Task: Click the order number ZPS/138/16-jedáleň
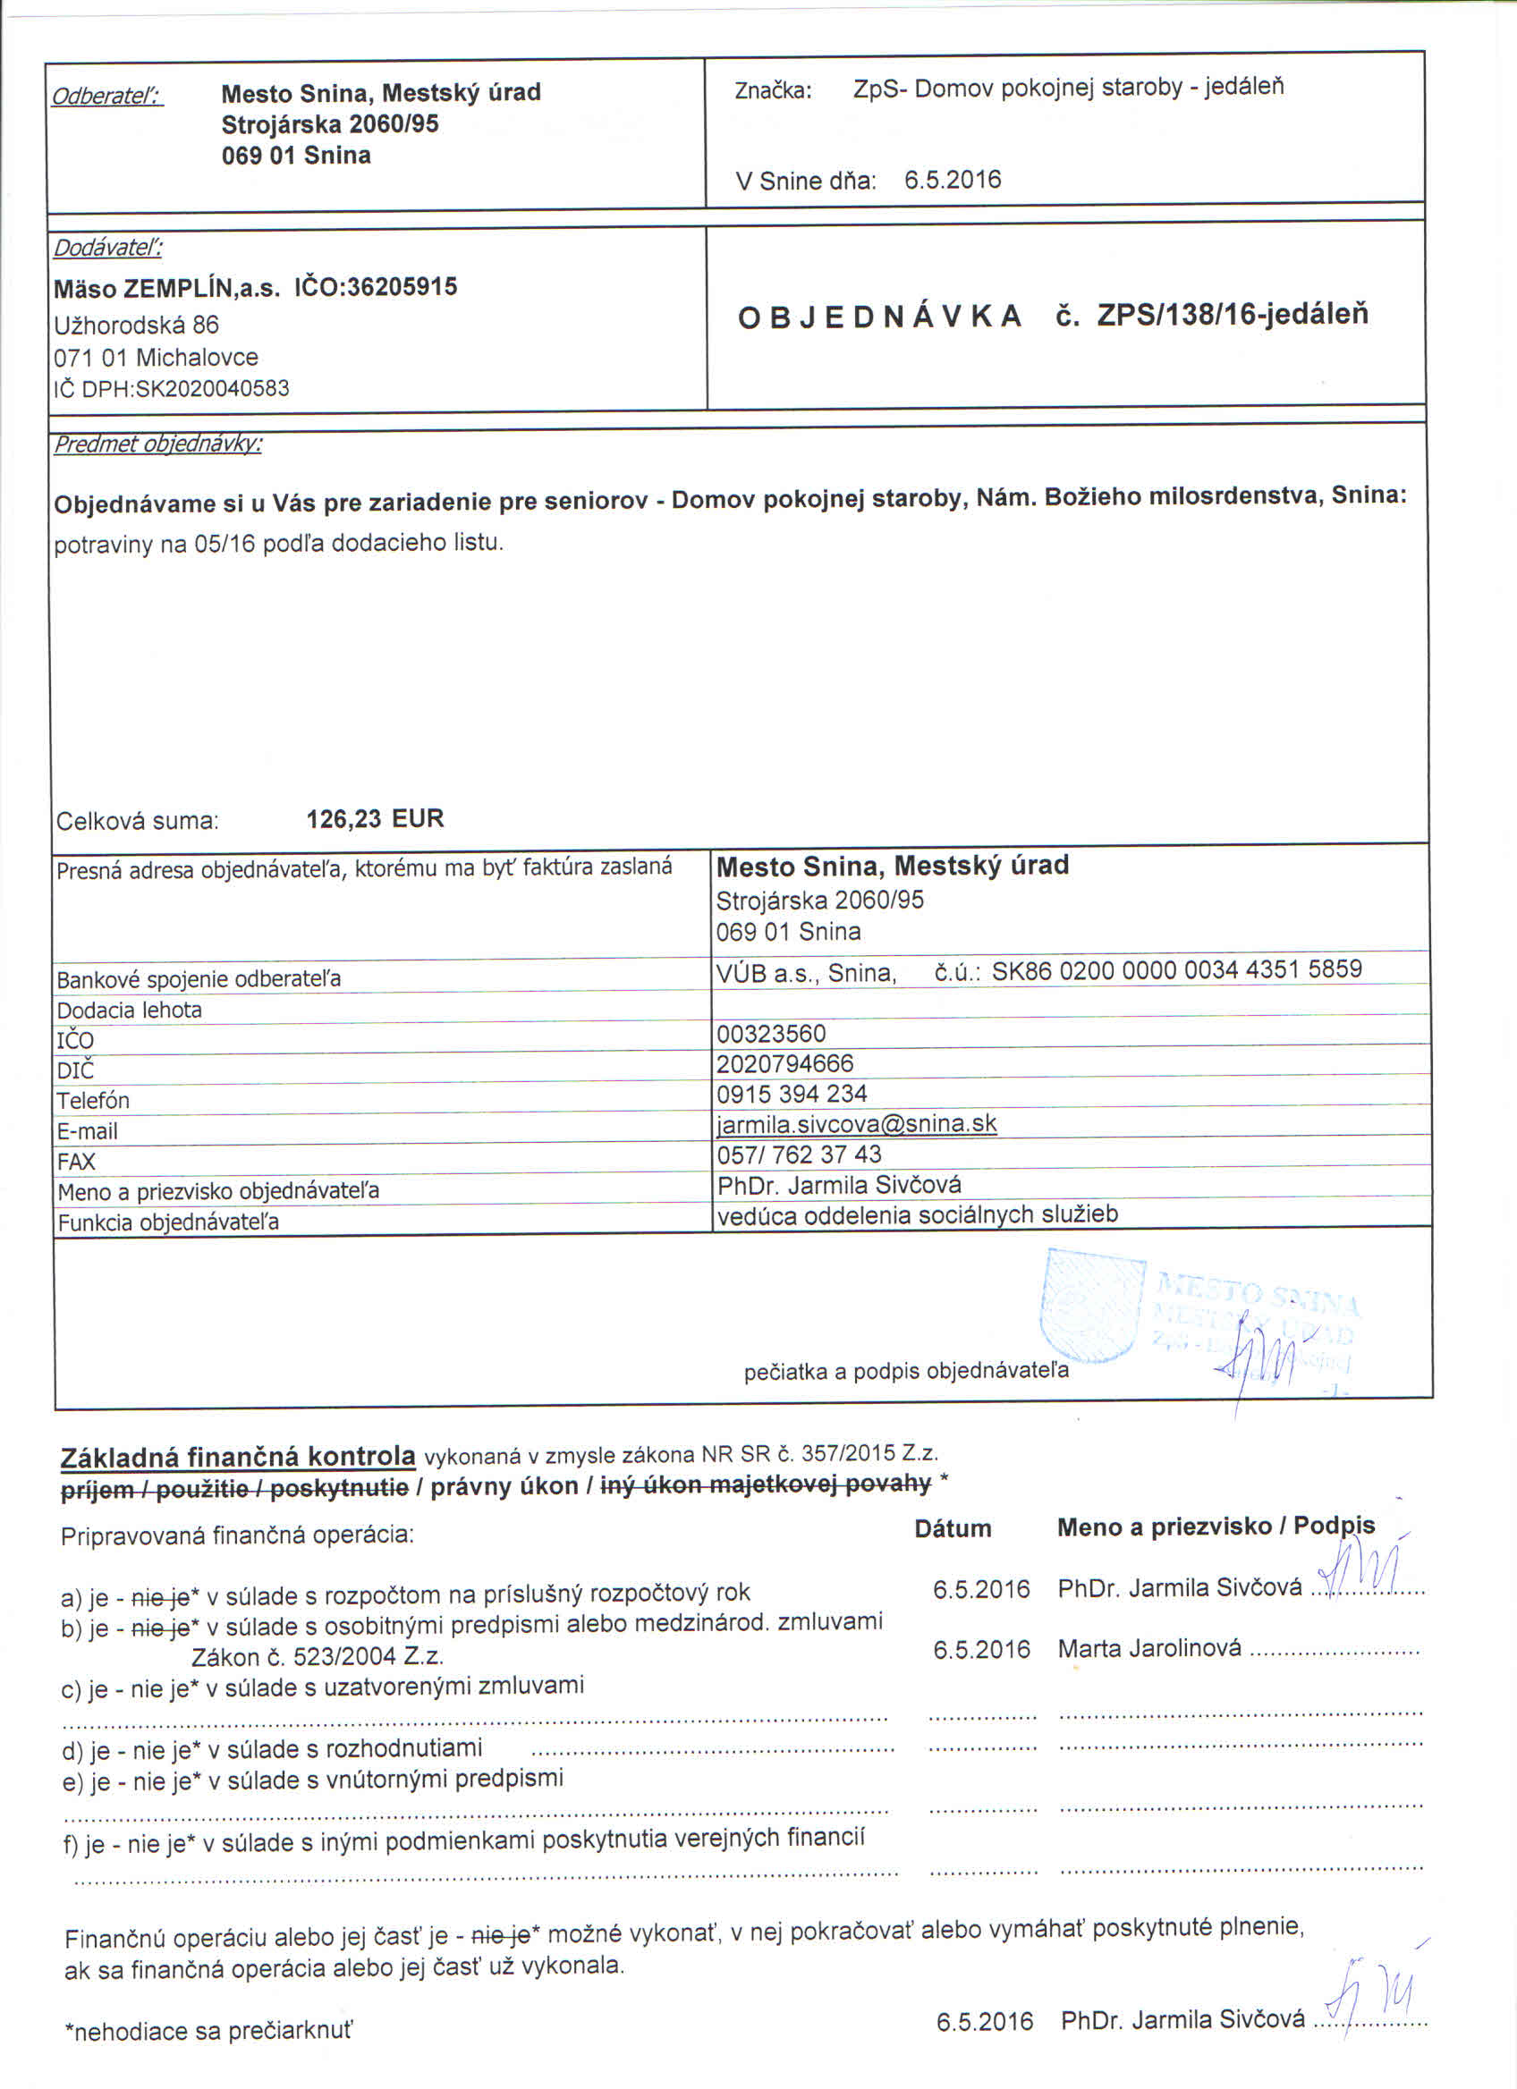(x=1232, y=315)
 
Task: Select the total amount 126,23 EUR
(x=375, y=818)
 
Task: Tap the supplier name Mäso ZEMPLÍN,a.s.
(x=165, y=288)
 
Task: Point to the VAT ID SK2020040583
(x=212, y=388)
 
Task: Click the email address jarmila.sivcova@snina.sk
(x=857, y=1124)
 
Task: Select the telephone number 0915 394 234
(x=792, y=1094)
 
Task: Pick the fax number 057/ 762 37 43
(x=799, y=1154)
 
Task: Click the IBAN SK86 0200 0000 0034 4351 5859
(x=1176, y=969)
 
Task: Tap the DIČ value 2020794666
(x=784, y=1063)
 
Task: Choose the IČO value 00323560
(x=771, y=1034)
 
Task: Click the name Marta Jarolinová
(x=1148, y=1648)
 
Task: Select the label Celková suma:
(x=137, y=821)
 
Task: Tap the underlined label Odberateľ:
(x=106, y=96)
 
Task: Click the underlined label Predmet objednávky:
(x=157, y=444)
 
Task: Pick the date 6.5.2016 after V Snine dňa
(x=953, y=180)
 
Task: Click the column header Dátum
(x=953, y=1528)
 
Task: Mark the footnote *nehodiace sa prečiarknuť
(x=208, y=2031)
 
